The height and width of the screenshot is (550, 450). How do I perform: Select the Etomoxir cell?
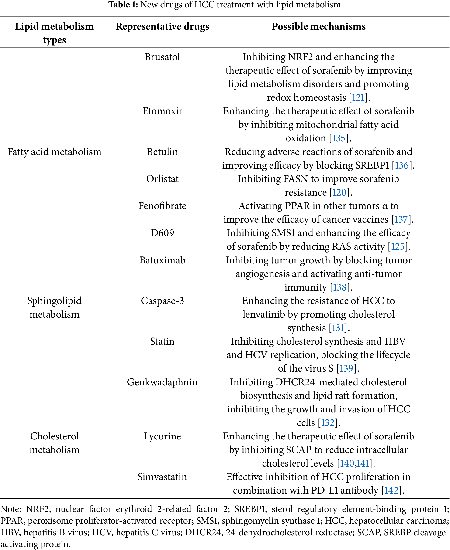tap(162, 111)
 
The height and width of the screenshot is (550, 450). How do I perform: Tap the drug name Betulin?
tap(162, 152)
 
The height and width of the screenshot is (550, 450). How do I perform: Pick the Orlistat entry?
tap(162, 179)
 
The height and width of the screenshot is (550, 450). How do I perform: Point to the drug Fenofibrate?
tap(162, 206)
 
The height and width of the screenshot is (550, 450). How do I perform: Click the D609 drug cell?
tap(162, 233)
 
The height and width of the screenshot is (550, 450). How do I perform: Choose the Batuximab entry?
tap(162, 260)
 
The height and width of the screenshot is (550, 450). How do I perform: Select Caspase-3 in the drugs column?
tap(162, 301)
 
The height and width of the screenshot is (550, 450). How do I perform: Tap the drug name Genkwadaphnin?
tap(162, 382)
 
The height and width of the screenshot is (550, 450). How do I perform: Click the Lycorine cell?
tap(162, 436)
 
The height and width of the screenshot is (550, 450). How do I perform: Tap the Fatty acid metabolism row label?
tap(54, 152)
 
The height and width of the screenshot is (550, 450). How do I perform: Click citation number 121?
tap(358, 98)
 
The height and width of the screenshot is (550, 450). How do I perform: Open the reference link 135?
tap(339, 138)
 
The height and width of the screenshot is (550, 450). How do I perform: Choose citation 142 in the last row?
tap(391, 491)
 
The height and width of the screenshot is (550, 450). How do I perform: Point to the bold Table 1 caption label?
tap(123, 5)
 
